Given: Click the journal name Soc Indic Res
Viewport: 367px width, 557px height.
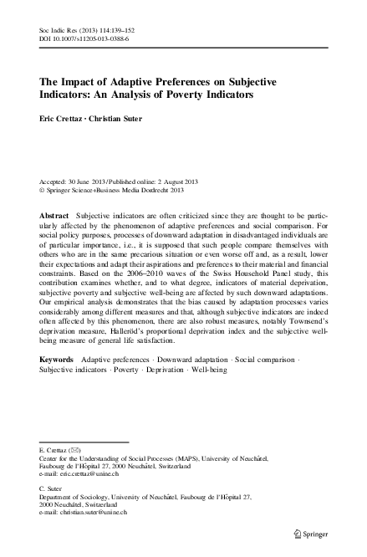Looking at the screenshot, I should tap(59, 28).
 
